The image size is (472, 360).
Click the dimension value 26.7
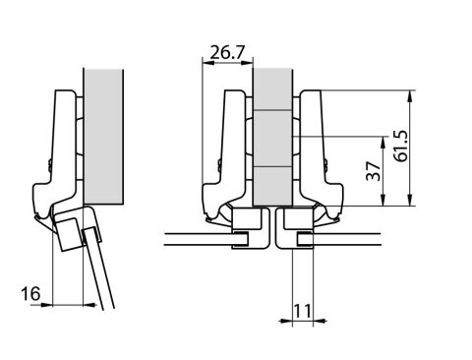(227, 52)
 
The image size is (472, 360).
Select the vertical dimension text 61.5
(401, 146)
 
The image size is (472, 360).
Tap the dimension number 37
(374, 171)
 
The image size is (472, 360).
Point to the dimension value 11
(302, 311)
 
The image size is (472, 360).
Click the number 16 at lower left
(30, 293)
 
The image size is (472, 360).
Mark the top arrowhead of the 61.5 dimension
(409, 95)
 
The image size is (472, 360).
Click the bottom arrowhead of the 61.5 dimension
(409, 201)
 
